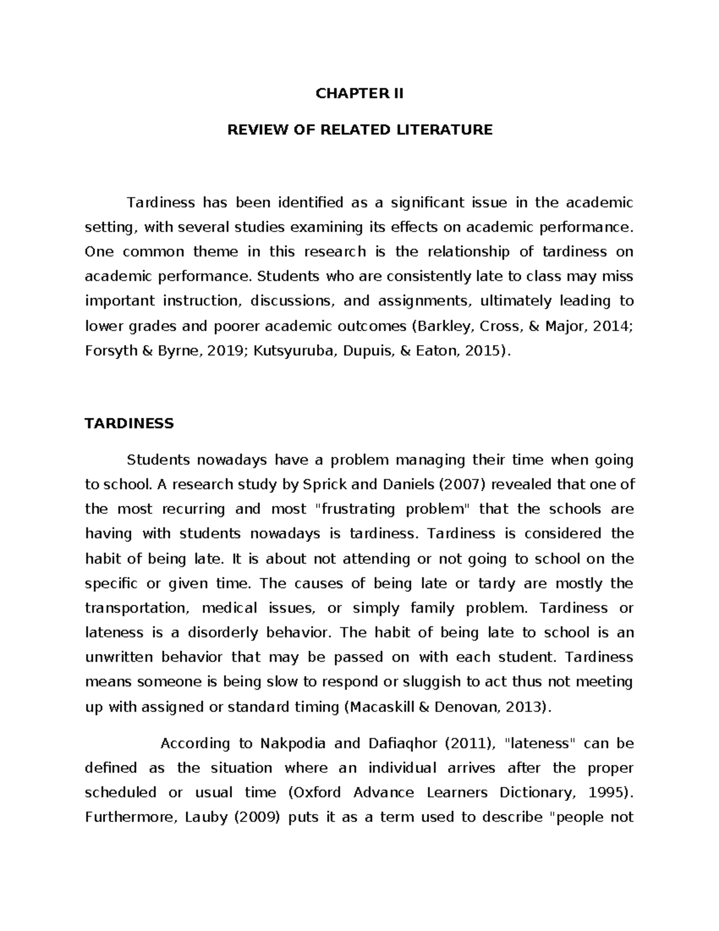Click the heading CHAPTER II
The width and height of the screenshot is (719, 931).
click(359, 94)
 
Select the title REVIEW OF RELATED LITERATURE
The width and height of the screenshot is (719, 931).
click(359, 129)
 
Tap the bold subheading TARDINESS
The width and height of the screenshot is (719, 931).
click(129, 424)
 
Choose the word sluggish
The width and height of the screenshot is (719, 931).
click(435, 682)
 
